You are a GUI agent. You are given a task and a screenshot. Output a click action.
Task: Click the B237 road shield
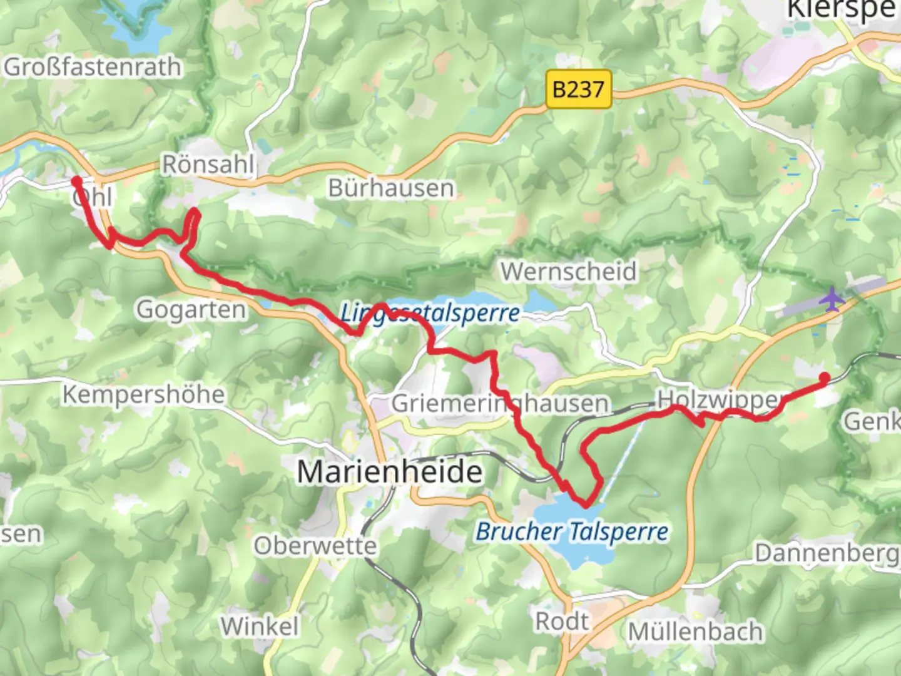(578, 90)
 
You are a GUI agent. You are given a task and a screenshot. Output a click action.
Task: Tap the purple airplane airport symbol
(832, 299)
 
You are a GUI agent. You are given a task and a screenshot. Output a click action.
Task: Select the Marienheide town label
(389, 471)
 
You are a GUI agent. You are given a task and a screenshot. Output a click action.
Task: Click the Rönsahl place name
(208, 165)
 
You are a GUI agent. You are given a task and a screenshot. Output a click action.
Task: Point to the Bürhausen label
(391, 188)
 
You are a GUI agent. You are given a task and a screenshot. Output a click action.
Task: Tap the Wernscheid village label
(569, 272)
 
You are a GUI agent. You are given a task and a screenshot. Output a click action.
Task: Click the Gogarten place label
(191, 309)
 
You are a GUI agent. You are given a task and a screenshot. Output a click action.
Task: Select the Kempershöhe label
(143, 394)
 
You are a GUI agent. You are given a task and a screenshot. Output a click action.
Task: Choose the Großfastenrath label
(93, 67)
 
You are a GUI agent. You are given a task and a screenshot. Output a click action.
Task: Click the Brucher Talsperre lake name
(572, 532)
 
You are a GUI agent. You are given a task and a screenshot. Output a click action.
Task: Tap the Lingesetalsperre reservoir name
(430, 312)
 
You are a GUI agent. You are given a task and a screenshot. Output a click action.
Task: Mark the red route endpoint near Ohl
(76, 182)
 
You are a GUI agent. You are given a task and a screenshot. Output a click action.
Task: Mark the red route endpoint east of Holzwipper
(825, 377)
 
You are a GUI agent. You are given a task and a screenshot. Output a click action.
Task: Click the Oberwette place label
(315, 546)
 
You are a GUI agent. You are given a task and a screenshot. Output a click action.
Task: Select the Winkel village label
(260, 626)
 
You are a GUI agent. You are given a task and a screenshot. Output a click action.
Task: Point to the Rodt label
(561, 622)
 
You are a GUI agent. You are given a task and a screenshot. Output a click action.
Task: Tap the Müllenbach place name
(695, 632)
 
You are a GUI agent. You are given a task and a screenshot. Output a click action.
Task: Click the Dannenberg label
(826, 553)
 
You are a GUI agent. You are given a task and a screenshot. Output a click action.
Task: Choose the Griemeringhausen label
(500, 404)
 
